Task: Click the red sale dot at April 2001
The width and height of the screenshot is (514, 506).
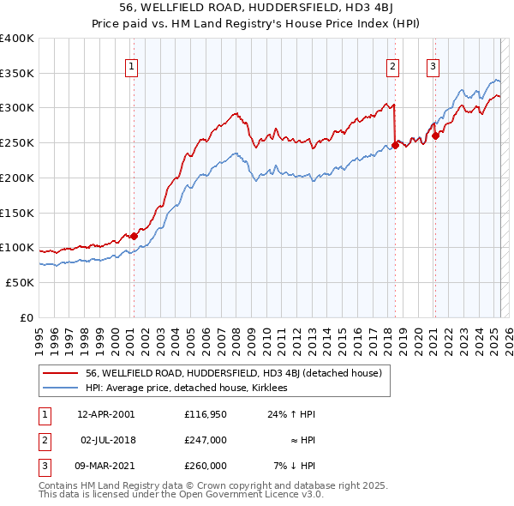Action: coord(134,236)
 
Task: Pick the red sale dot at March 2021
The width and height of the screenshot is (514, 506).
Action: coord(435,136)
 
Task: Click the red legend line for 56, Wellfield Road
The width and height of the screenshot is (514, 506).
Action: coord(60,373)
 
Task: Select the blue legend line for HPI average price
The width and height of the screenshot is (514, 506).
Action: coord(60,388)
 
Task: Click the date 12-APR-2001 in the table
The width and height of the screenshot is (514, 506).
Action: coord(105,414)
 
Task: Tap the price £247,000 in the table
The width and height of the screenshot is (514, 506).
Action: coord(205,440)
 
